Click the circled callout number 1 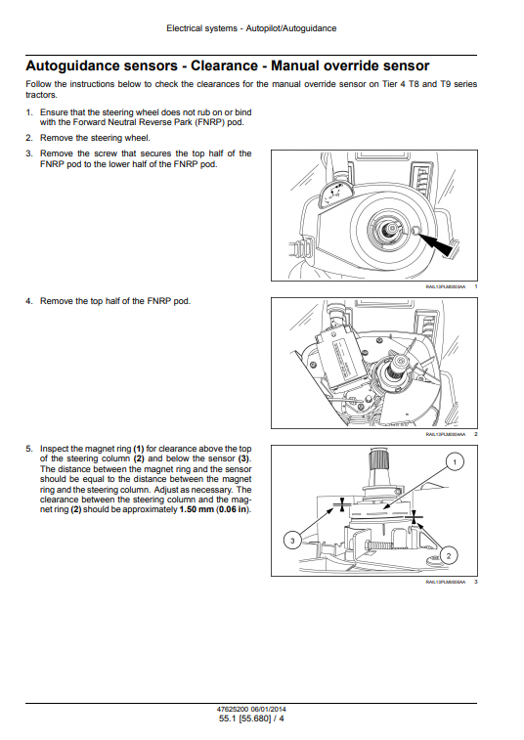point(455,462)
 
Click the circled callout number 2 point(448,555)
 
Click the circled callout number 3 point(292,540)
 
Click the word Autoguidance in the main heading point(102,65)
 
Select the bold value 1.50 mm point(196,509)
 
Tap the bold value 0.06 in point(233,509)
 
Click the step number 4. point(29,301)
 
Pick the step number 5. point(29,449)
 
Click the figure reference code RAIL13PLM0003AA point(445,286)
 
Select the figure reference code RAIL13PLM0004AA point(445,434)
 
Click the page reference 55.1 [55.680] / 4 point(251,718)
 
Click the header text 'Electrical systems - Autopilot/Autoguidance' point(251,28)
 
